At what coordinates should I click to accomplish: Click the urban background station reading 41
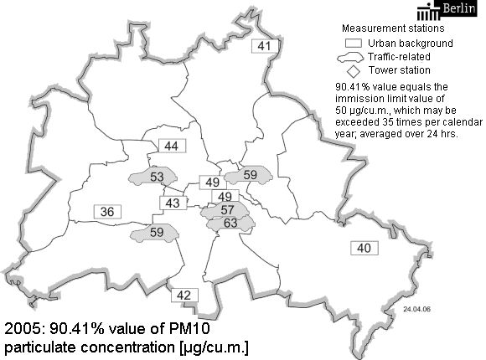coord(265,46)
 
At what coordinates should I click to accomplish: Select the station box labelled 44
coord(172,147)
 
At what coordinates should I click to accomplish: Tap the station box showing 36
coord(107,212)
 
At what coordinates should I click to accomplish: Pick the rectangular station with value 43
coord(173,203)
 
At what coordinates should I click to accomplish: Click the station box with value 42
coord(184,294)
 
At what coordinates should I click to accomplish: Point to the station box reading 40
coord(364,248)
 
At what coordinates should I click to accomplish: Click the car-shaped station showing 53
coord(156,177)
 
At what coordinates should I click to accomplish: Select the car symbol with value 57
coord(226,209)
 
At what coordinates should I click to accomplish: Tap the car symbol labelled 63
coord(230,223)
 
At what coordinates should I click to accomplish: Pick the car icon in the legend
coord(352,56)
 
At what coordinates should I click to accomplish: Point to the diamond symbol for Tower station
coord(354,70)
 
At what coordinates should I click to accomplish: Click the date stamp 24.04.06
coord(416,308)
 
